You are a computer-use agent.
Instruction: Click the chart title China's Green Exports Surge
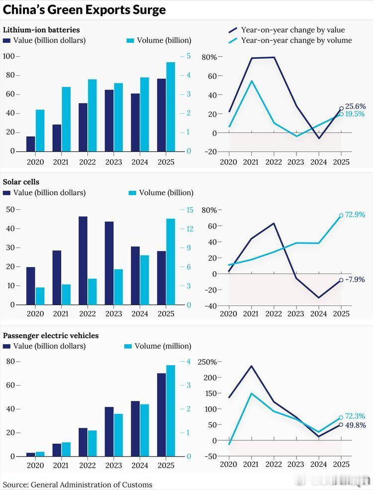(x=85, y=10)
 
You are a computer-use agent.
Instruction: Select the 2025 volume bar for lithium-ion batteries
(x=171, y=106)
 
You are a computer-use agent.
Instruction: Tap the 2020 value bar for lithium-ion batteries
(x=31, y=143)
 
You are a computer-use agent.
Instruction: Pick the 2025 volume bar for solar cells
(x=171, y=262)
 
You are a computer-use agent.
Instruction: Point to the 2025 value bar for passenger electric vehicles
(x=161, y=414)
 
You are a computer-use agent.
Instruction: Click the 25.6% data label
(x=356, y=106)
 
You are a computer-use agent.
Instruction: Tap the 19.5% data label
(x=355, y=114)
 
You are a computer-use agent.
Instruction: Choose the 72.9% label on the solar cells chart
(x=356, y=215)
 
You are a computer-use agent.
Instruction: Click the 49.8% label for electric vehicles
(x=356, y=425)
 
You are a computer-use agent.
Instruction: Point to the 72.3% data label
(x=356, y=416)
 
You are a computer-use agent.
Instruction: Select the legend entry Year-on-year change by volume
(x=296, y=40)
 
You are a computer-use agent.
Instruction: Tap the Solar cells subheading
(x=21, y=182)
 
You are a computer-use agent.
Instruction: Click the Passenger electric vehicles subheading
(x=51, y=336)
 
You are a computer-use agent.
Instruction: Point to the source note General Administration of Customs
(x=78, y=485)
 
